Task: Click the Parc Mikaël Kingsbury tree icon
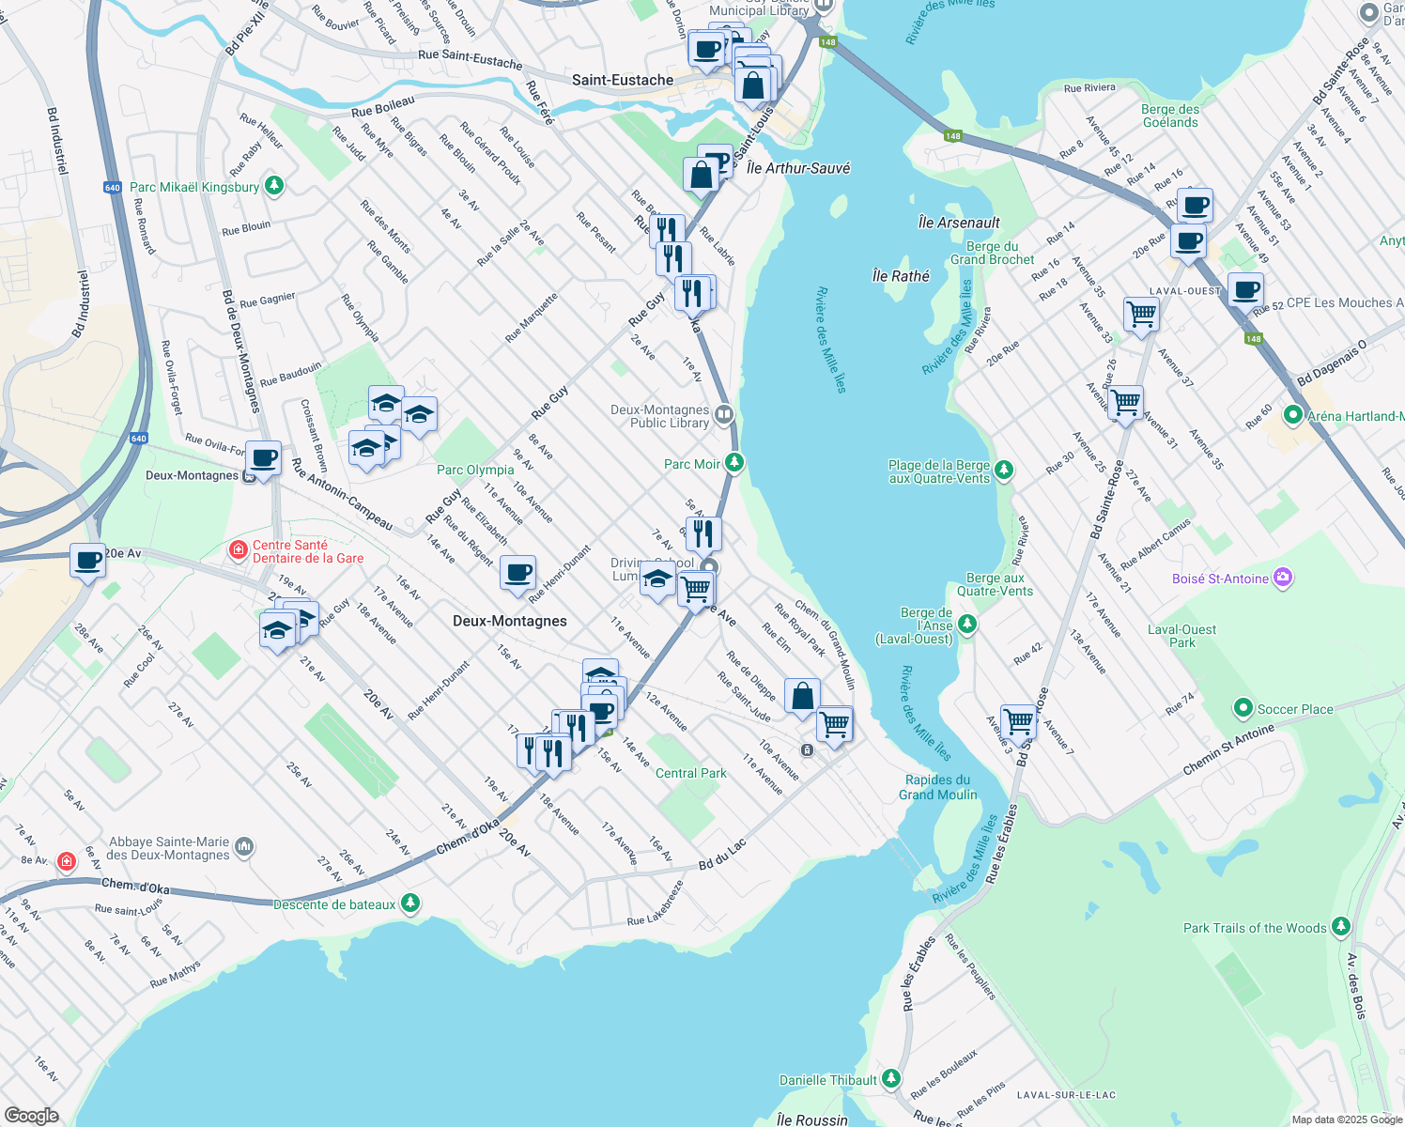click(273, 186)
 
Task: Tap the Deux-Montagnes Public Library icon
click(723, 414)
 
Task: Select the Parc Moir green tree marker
click(734, 462)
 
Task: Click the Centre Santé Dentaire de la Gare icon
click(239, 549)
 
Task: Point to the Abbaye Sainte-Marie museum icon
click(244, 847)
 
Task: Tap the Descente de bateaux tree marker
click(409, 903)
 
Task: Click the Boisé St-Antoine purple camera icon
click(1283, 578)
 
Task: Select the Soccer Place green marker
click(1243, 707)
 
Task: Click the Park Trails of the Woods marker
click(1340, 927)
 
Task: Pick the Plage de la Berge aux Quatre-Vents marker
click(1004, 470)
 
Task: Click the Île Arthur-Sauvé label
click(797, 168)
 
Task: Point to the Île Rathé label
click(900, 276)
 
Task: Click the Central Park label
click(690, 773)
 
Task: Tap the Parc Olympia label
click(475, 470)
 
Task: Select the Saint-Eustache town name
click(622, 80)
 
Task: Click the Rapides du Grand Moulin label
click(937, 787)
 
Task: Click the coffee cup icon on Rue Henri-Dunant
click(517, 572)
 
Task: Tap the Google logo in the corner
click(31, 1115)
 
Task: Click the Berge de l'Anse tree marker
click(967, 625)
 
